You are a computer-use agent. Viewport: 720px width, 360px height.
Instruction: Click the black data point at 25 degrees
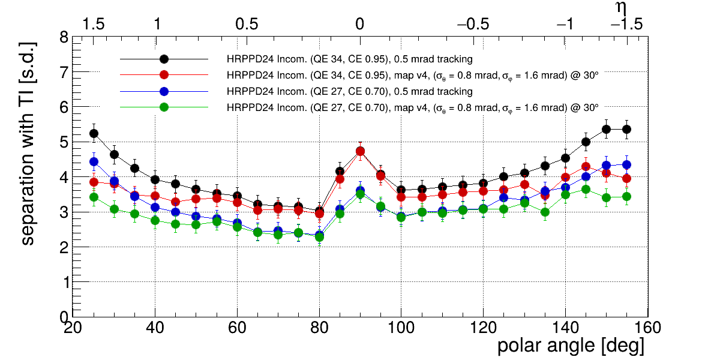[x=94, y=133]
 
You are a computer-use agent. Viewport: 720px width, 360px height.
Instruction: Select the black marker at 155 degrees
[x=626, y=130]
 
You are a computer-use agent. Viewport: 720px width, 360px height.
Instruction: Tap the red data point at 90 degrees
[x=360, y=151]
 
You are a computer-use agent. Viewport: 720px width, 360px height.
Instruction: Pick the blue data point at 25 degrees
[x=94, y=161]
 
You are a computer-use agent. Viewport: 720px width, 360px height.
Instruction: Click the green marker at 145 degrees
[x=586, y=190]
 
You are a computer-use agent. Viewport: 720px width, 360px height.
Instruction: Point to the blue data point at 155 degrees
[x=626, y=165]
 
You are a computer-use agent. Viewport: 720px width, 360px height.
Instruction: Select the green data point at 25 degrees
[x=94, y=197]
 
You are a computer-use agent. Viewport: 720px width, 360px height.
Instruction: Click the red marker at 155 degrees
[x=626, y=178]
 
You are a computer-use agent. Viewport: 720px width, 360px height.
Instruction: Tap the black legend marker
[x=164, y=59]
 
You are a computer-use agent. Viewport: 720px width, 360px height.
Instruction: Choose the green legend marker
[x=164, y=107]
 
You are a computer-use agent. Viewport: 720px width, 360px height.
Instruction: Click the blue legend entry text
[x=349, y=92]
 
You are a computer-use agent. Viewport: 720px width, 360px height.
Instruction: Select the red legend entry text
[x=412, y=76]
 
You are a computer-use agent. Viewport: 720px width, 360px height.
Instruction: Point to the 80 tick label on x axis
[x=319, y=328]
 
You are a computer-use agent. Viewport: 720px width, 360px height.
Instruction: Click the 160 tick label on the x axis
[x=647, y=328]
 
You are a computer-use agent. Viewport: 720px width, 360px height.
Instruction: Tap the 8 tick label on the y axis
[x=64, y=38]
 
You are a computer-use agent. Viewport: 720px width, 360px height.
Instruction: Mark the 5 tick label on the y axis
[x=64, y=142]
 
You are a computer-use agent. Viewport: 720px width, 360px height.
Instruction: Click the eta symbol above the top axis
[x=622, y=8]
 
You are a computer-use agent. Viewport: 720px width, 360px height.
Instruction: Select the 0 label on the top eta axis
[x=359, y=24]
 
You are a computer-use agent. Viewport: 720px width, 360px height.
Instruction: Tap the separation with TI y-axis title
[x=28, y=143]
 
